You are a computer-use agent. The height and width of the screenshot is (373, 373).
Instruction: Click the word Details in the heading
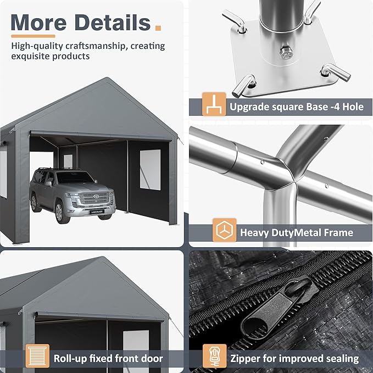pyautogui.click(x=112, y=23)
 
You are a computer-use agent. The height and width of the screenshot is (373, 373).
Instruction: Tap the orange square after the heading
pyautogui.click(x=158, y=27)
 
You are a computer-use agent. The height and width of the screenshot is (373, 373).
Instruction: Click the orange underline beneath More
pyautogui.click(x=33, y=36)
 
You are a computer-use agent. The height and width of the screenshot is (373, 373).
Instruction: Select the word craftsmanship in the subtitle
pyautogui.click(x=95, y=46)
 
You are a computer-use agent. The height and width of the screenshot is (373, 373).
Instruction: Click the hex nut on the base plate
pyautogui.click(x=287, y=53)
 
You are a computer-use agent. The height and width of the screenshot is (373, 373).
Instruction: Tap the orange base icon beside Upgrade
pyautogui.click(x=214, y=104)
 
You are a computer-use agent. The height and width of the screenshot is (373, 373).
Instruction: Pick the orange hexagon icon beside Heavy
pyautogui.click(x=224, y=230)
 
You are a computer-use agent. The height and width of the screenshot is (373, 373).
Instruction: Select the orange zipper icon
pyautogui.click(x=214, y=356)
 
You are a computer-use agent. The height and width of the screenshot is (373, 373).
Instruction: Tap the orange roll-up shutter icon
pyautogui.click(x=37, y=356)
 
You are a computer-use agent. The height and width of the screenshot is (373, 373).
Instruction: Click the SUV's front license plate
pyautogui.click(x=97, y=211)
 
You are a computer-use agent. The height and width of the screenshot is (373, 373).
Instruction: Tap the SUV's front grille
pyautogui.click(x=95, y=198)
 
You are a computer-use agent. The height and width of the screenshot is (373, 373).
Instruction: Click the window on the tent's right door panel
pyautogui.click(x=150, y=170)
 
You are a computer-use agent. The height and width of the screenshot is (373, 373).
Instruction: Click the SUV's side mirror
pyautogui.click(x=48, y=183)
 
